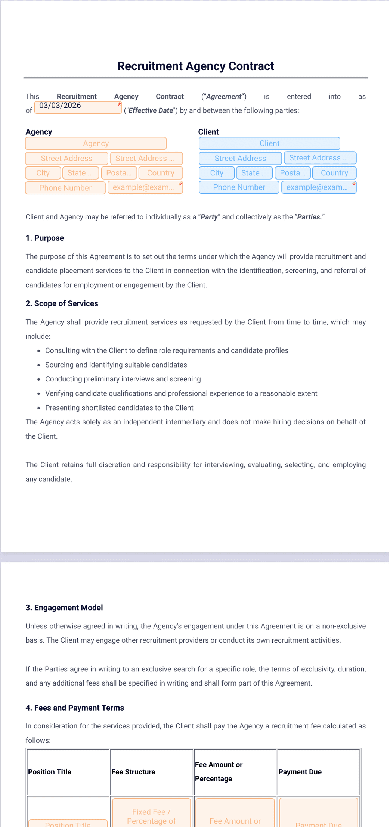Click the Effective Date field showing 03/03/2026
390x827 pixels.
click(78, 107)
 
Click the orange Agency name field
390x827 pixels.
click(96, 144)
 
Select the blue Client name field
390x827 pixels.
click(269, 144)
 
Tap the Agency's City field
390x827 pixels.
click(43, 173)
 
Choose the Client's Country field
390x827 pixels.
click(334, 173)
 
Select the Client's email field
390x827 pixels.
click(318, 188)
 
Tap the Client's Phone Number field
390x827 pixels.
click(239, 188)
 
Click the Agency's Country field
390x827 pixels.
click(161, 173)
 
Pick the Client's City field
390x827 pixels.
click(217, 173)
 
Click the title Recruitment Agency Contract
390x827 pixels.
click(195, 66)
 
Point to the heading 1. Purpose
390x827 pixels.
click(45, 238)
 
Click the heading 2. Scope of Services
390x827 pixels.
click(62, 304)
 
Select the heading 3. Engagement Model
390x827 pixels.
click(64, 608)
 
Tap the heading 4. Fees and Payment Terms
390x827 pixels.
click(75, 708)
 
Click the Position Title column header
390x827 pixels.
click(50, 772)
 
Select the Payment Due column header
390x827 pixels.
click(300, 772)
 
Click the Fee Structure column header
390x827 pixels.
click(133, 772)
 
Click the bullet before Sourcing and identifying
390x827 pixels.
click(39, 365)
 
